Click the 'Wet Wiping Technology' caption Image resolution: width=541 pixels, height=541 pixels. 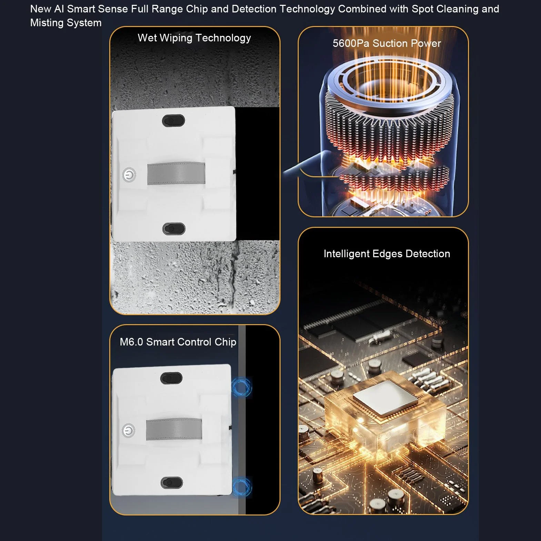click(x=194, y=38)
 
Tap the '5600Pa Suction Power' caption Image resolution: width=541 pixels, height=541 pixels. click(x=387, y=43)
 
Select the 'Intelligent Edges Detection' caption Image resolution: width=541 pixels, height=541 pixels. click(x=387, y=254)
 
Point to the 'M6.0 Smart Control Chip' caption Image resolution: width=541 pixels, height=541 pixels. click(x=178, y=342)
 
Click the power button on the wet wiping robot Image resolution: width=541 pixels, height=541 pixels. click(x=129, y=175)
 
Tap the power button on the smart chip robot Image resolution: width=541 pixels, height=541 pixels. click(x=128, y=430)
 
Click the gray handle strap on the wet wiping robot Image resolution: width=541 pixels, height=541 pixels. click(x=176, y=173)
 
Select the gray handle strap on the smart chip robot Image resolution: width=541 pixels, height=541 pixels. click(x=174, y=429)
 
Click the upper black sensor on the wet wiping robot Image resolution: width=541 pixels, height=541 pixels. click(x=173, y=120)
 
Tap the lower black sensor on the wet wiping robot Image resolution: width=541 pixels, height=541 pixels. click(x=174, y=229)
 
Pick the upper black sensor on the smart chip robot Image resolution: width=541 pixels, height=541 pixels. click(x=171, y=378)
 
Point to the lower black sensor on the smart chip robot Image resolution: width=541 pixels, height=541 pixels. click(x=172, y=483)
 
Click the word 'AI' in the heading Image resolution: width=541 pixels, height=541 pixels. click(x=59, y=9)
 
